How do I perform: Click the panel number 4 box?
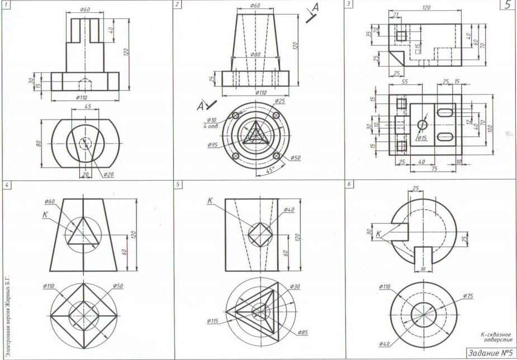6,183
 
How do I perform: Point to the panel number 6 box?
349,183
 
